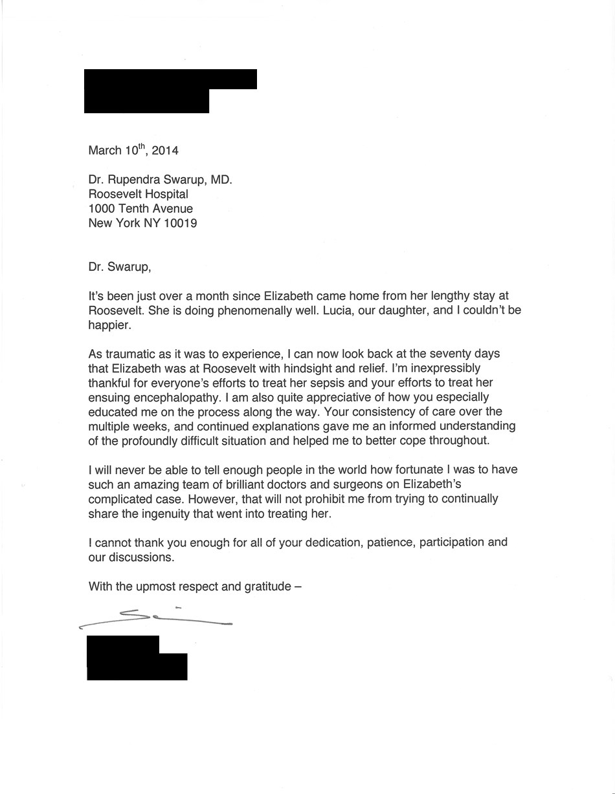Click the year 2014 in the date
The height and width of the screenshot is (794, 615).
coord(165,151)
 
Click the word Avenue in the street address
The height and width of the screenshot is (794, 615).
coord(170,209)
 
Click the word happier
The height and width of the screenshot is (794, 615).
coord(109,325)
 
